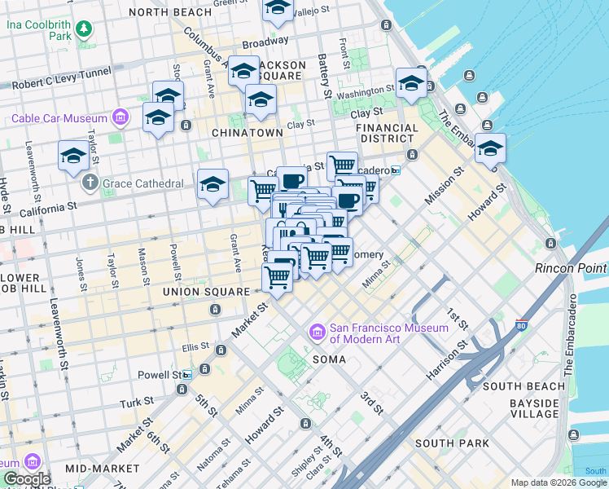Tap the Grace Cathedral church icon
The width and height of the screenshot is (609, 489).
click(90, 183)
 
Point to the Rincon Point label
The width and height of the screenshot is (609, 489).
click(571, 268)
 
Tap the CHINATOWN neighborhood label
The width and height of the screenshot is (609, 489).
click(247, 132)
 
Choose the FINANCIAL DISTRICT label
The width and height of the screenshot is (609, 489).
click(387, 134)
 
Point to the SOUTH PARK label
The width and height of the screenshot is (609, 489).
click(445, 443)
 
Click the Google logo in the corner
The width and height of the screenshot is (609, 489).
click(26, 479)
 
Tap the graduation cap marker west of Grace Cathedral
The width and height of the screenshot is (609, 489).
click(74, 156)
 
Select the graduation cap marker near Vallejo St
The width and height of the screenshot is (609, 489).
click(278, 10)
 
